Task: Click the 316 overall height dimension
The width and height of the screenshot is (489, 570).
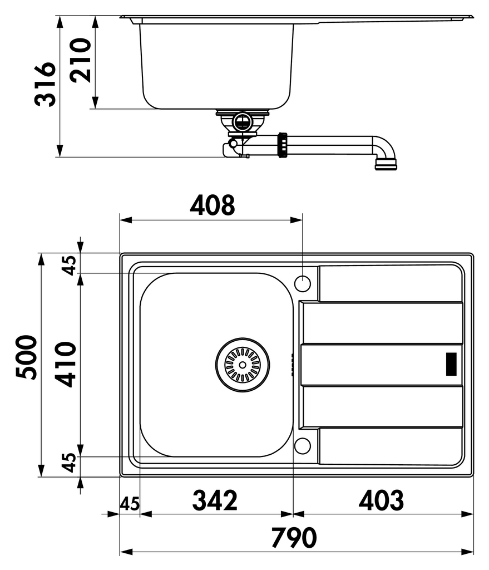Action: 46,84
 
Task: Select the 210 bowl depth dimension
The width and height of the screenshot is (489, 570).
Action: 80,60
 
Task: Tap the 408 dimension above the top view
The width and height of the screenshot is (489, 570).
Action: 213,205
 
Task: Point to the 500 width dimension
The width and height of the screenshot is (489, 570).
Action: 27,357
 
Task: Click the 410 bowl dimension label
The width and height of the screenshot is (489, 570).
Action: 66,364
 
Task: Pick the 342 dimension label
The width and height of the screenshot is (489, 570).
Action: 215,500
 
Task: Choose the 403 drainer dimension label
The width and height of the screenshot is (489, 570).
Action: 381,500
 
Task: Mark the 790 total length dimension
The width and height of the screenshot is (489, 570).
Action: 294,538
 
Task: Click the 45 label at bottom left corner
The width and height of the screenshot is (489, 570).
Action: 130,504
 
